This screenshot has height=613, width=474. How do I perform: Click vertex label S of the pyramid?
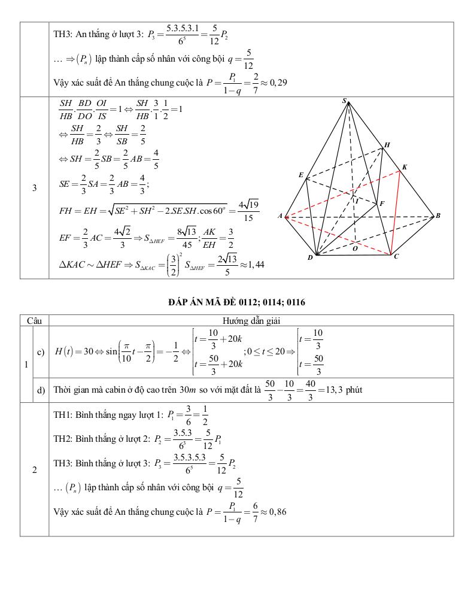(345, 102)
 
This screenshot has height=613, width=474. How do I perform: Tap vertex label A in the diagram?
(279, 216)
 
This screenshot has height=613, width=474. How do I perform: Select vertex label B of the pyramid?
(438, 216)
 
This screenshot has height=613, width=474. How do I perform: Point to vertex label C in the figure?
(396, 256)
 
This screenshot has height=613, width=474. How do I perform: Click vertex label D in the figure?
(310, 258)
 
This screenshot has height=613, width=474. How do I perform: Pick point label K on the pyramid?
(405, 167)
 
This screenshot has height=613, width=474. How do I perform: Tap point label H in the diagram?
(387, 145)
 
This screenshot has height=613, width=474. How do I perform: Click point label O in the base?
(355, 248)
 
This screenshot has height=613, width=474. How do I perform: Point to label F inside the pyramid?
(382, 204)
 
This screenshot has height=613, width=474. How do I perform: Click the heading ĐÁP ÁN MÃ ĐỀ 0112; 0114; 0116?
(236, 302)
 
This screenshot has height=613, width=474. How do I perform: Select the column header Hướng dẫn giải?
(251, 321)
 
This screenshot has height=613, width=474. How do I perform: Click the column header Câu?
(34, 321)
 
